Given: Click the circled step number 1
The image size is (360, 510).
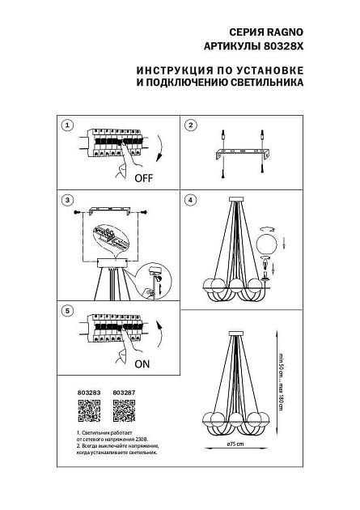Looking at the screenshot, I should [x=68, y=125].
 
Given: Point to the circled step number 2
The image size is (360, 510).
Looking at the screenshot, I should [x=191, y=125].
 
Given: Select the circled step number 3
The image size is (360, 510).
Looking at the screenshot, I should [x=68, y=199].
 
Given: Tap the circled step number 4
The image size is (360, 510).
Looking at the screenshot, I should [x=191, y=199].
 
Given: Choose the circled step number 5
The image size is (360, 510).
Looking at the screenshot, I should [x=68, y=311].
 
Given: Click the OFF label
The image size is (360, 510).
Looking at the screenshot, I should [x=143, y=177].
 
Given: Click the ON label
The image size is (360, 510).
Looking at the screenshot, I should [x=142, y=364].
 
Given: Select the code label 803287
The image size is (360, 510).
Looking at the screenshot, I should [x=123, y=394].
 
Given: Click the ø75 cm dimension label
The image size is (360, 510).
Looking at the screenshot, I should [x=235, y=444].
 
